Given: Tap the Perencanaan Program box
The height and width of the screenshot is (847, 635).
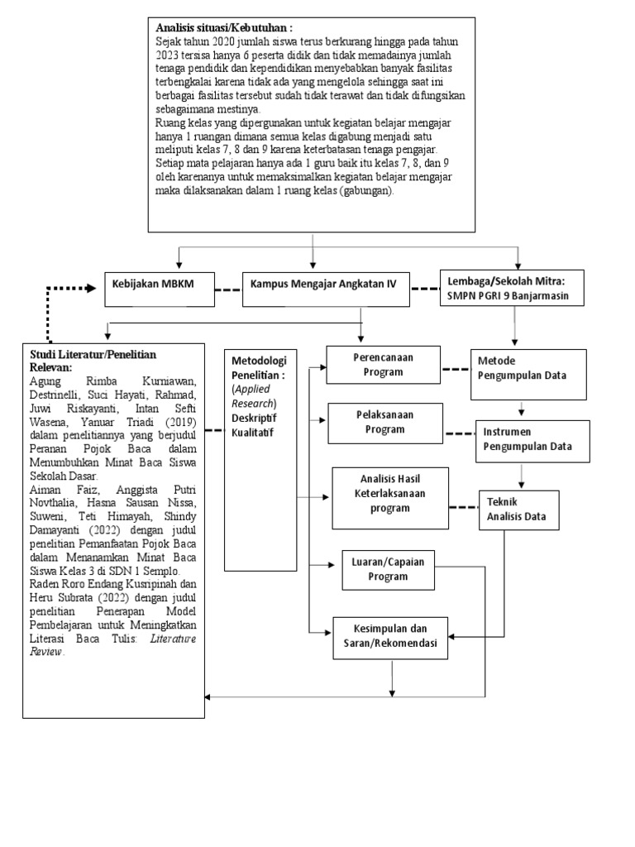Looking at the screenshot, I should click(384, 365).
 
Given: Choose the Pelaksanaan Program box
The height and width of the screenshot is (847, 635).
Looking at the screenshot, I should click(385, 422).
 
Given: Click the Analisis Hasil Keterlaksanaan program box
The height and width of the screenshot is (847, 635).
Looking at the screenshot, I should click(390, 497).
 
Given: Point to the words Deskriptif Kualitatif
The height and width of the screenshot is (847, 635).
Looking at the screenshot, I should click(255, 424).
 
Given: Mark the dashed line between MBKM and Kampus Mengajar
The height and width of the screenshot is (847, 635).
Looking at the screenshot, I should click(228, 289).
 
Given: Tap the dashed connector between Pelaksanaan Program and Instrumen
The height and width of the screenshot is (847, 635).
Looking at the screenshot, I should click(461, 433).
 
